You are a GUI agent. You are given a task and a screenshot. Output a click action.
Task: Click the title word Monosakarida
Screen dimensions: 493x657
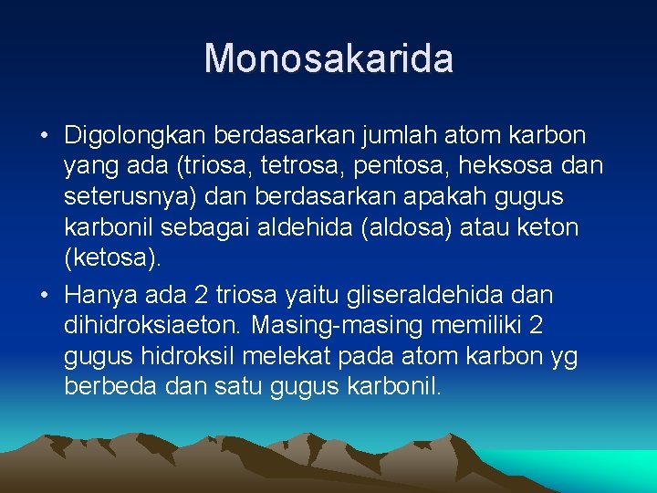(328, 58)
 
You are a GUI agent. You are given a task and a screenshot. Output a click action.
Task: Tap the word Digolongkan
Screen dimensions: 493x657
(135, 136)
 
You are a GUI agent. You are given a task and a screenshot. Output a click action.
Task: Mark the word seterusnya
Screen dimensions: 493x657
(129, 196)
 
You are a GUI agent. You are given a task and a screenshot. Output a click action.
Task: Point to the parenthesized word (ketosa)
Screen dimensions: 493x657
(113, 257)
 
